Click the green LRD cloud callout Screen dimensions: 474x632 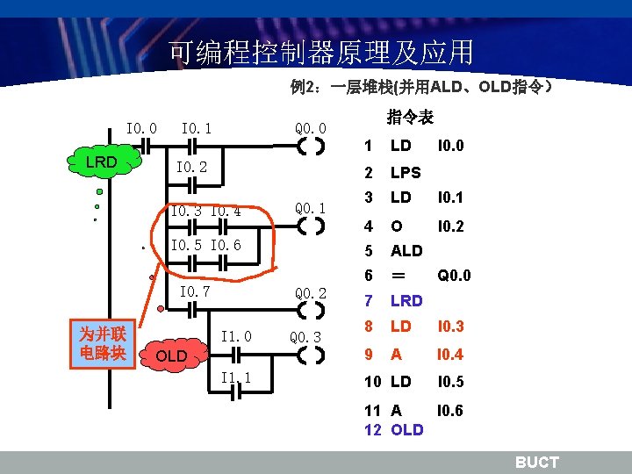point(102,162)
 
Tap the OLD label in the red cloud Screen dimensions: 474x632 point(171,355)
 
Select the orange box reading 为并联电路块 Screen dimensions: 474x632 point(103,343)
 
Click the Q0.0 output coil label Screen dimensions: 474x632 point(311,128)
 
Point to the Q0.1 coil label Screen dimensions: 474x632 point(311,209)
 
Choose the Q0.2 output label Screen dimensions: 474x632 point(311,292)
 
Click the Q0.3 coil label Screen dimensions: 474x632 point(306,337)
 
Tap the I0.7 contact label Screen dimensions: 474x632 point(195,291)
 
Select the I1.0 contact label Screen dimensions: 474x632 point(236,336)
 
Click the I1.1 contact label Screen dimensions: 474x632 point(236,377)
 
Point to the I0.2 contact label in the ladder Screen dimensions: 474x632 point(192,167)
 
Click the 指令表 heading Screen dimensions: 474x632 point(410,117)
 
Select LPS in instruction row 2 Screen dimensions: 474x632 point(406,172)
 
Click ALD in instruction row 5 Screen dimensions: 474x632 point(406,250)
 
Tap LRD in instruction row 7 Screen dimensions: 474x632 point(406,301)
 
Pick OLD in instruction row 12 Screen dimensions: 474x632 point(406,430)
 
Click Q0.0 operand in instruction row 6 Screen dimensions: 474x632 point(454,276)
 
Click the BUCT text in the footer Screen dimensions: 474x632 point(536,463)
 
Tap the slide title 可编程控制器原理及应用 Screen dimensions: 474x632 point(321,53)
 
